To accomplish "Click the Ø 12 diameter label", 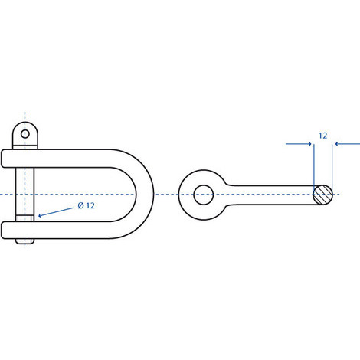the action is point(86,205).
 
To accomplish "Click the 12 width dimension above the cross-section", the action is point(322,136).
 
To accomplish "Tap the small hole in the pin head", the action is point(25,133).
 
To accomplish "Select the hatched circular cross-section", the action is point(323,195).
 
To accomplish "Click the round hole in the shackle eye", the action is point(204,195).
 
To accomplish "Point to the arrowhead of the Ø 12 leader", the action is point(40,216).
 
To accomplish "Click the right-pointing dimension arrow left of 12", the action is point(299,144).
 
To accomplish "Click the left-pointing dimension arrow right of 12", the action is point(347,144).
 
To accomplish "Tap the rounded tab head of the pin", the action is point(25,135).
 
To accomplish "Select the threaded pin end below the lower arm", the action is point(25,241).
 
